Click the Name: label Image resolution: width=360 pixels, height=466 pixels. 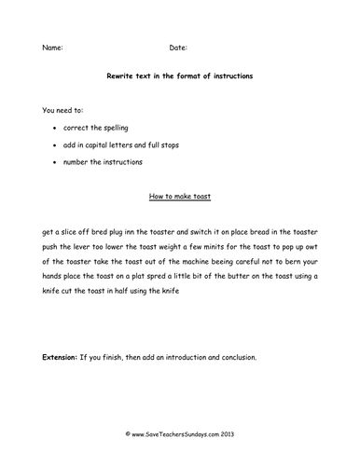(x=53, y=47)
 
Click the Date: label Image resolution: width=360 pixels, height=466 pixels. (x=178, y=47)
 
